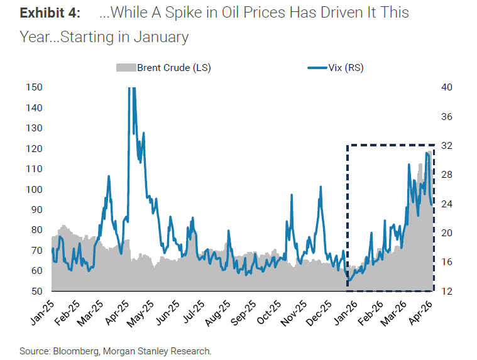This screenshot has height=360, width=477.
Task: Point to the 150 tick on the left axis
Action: coord(33,87)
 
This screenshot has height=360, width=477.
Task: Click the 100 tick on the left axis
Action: coord(33,189)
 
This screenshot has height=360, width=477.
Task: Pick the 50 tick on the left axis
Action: coord(36,291)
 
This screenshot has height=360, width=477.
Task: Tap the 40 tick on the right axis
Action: coord(447,87)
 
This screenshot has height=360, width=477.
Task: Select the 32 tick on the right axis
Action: coord(447,146)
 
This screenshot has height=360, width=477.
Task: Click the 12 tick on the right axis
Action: coord(447,291)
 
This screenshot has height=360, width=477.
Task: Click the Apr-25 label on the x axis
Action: coord(118,312)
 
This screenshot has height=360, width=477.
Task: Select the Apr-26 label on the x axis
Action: coord(422,312)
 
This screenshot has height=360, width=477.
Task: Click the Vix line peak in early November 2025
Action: coord(292,195)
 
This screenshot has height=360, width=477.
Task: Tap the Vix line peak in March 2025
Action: coord(109,177)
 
